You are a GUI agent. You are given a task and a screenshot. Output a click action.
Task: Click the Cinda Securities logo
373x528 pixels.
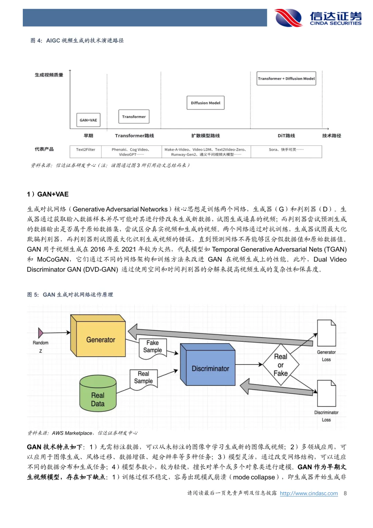point(318,18)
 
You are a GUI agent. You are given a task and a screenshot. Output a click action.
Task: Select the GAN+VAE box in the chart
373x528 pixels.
point(88,120)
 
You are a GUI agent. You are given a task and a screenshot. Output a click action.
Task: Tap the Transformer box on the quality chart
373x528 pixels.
point(134,116)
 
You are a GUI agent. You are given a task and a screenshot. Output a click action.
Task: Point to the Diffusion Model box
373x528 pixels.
point(205,103)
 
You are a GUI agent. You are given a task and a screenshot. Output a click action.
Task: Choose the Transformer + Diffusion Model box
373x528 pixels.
point(286,78)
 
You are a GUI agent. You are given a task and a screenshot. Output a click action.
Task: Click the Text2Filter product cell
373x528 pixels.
point(86,150)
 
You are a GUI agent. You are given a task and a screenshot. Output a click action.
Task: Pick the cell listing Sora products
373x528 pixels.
point(286,150)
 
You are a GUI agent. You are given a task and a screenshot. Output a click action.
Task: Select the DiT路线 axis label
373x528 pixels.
point(286,136)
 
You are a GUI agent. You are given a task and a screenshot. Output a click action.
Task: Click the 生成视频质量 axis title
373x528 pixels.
point(49,75)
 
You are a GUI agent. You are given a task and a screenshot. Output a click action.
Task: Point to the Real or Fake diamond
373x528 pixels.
point(281,365)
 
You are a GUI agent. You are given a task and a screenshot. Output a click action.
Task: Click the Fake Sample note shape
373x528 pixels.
point(152,347)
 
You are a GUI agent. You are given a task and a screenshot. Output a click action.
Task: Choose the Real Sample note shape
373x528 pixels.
point(143,378)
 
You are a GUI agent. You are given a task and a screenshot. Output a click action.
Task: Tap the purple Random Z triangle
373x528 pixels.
point(41,333)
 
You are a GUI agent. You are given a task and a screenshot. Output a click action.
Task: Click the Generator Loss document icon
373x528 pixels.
point(326,333)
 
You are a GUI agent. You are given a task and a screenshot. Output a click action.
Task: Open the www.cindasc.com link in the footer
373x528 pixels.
point(309,493)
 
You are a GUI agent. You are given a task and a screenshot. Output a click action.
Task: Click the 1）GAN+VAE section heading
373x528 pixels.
point(48,194)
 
